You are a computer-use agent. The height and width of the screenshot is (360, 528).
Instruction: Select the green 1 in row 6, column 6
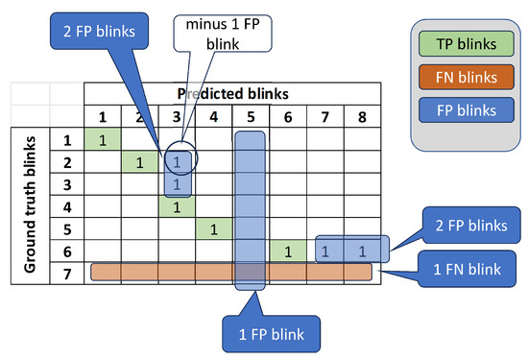(287, 252)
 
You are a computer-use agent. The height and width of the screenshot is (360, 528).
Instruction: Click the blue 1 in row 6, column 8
(362, 252)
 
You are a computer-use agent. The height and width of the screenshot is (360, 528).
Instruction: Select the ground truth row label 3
(66, 183)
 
